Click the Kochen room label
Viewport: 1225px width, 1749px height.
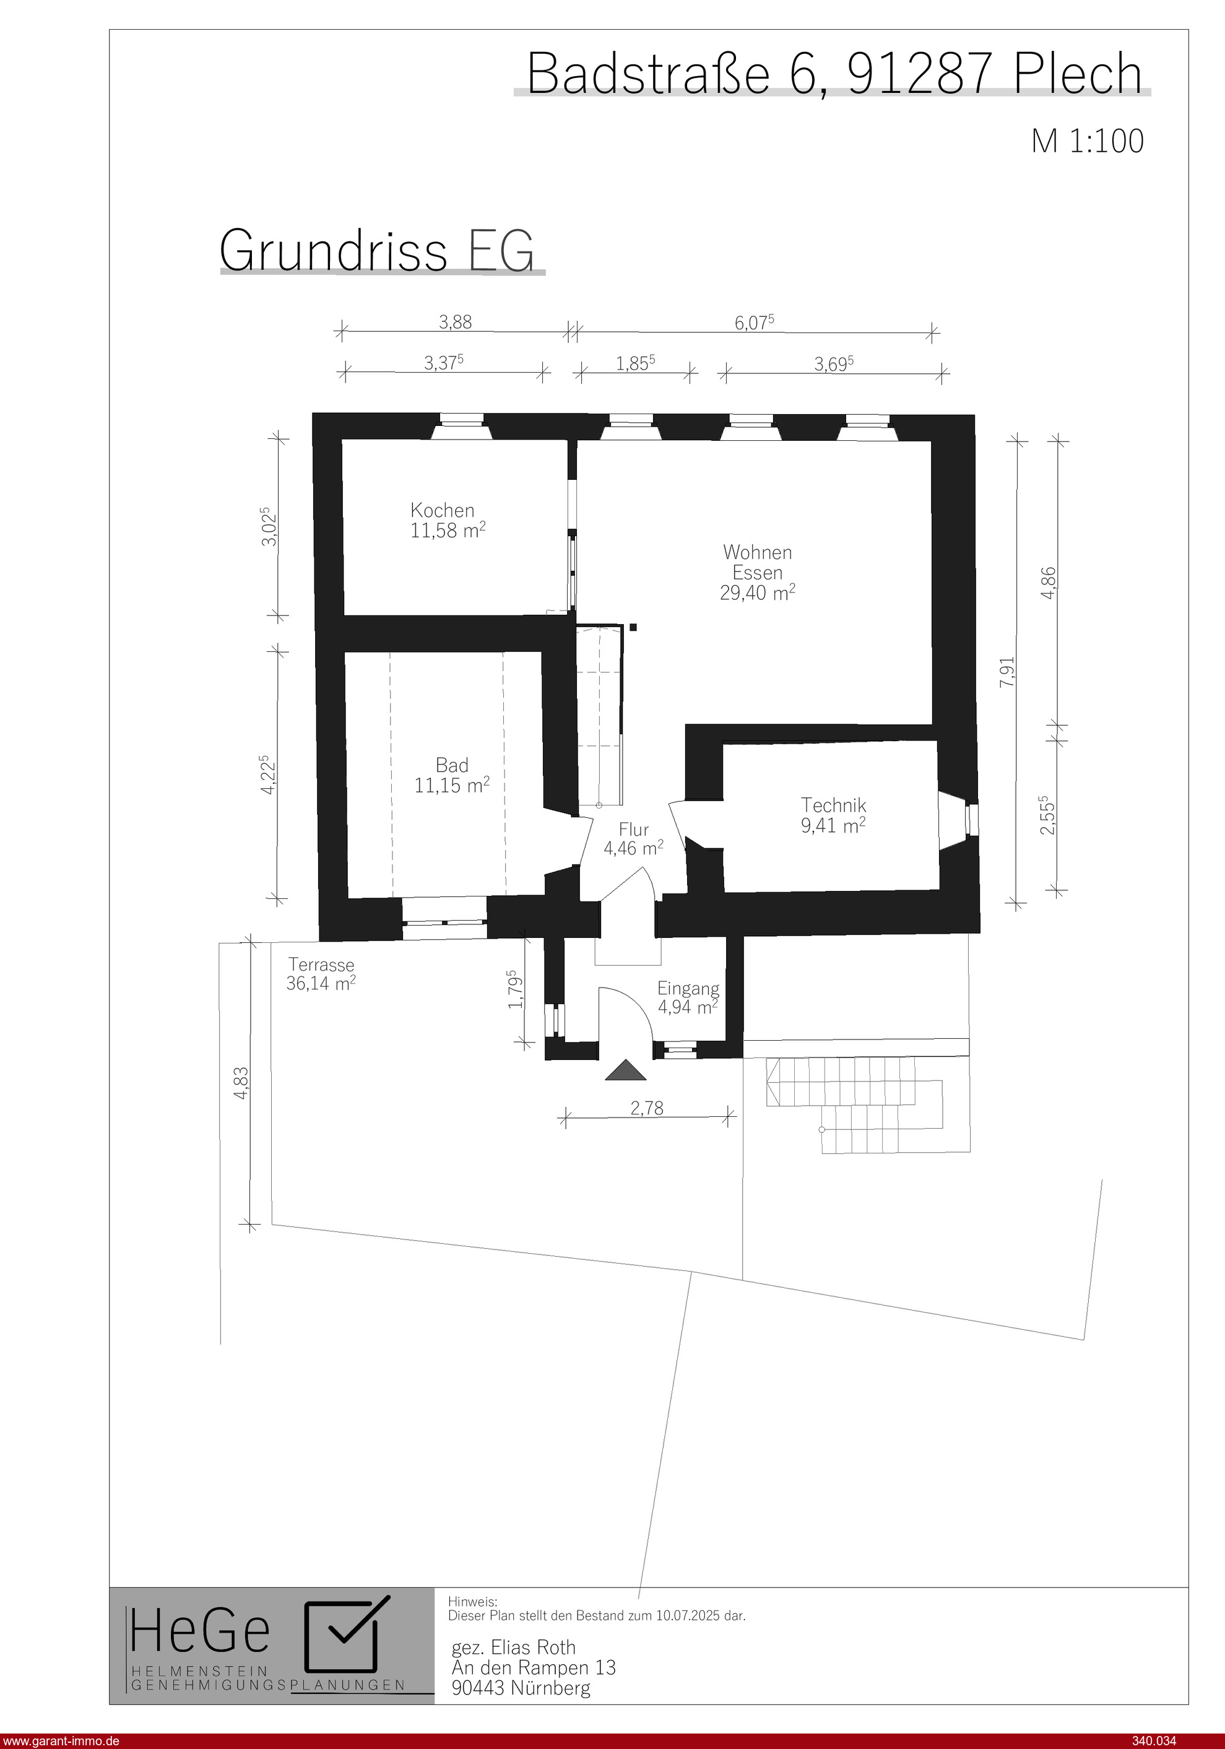click(x=443, y=510)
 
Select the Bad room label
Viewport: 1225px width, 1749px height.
click(x=452, y=765)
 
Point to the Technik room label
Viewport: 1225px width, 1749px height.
click(x=833, y=805)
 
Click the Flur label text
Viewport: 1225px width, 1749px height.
click(x=634, y=830)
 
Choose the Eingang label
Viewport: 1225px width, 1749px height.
click(x=688, y=989)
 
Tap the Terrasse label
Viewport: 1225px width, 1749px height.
click(x=321, y=965)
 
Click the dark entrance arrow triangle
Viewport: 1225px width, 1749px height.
click(x=625, y=1070)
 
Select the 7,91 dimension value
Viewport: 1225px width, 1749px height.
click(x=1007, y=672)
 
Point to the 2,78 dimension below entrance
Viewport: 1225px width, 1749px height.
click(x=647, y=1109)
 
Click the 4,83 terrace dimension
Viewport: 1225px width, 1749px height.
click(x=241, y=1082)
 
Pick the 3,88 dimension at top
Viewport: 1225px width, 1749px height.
click(x=455, y=322)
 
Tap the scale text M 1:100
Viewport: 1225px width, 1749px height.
click(x=1088, y=142)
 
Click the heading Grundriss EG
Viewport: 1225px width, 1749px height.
click(x=377, y=250)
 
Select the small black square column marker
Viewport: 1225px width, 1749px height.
click(x=633, y=627)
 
